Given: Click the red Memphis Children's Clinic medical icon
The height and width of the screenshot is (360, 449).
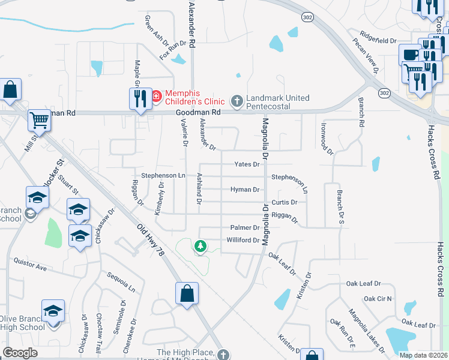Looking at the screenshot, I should click(x=157, y=95).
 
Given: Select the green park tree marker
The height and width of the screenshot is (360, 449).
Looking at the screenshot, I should click(x=200, y=245).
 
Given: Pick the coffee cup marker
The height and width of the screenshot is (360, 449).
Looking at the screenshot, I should click(x=411, y=55).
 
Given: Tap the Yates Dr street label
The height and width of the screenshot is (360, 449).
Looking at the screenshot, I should click(x=247, y=164).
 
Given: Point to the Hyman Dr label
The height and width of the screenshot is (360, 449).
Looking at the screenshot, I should click(x=245, y=190).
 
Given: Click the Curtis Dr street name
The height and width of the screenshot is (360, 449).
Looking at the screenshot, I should click(x=284, y=202).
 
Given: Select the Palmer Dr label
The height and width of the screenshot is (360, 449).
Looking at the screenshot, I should click(x=245, y=227).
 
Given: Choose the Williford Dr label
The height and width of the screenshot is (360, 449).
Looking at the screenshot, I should click(x=243, y=240).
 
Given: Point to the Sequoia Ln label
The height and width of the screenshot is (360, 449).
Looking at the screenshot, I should click(x=118, y=280).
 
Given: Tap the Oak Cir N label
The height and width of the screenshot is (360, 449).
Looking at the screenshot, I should click(x=377, y=298).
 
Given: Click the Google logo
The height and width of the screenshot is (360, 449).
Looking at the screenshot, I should click(x=20, y=353).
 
